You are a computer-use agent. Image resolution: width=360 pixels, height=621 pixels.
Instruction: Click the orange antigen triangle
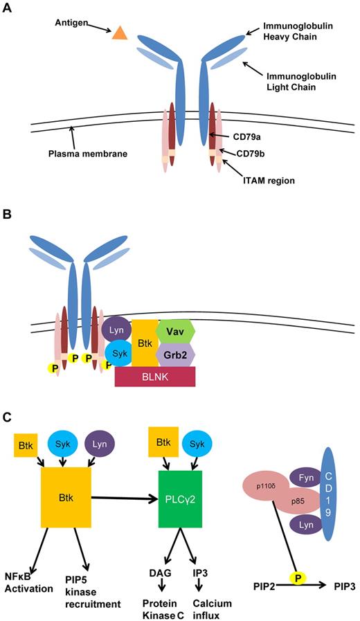[x=120, y=33]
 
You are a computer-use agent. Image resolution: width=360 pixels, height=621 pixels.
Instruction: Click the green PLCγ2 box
[x=181, y=492]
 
